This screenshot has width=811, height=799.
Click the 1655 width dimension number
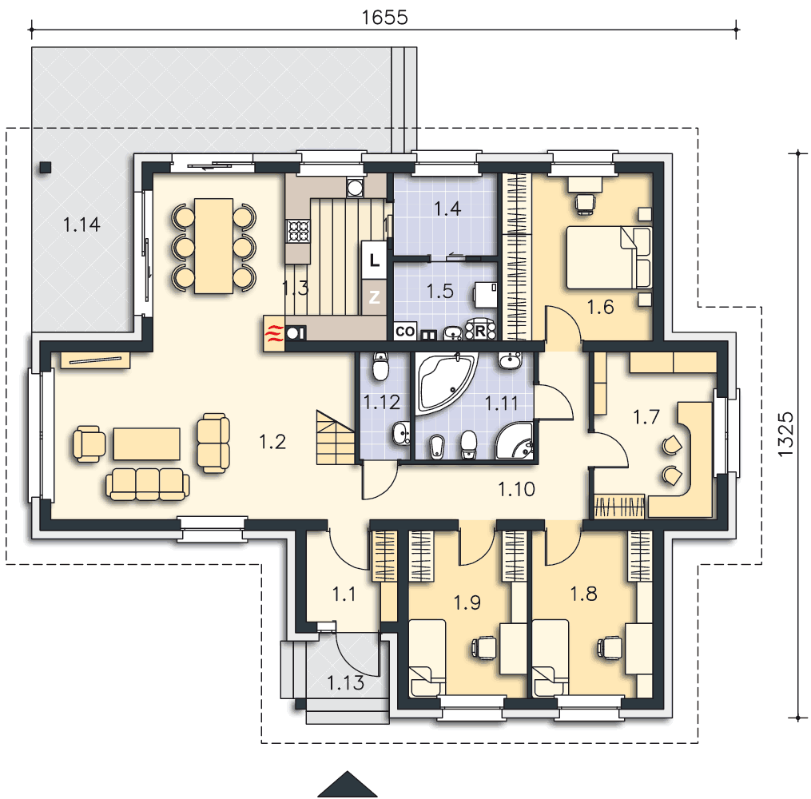point(384,17)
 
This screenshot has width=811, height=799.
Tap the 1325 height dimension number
point(785,434)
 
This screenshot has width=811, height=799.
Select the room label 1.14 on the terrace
point(81,225)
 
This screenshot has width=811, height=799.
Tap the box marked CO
point(405,332)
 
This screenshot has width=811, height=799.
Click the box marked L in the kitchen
point(374,260)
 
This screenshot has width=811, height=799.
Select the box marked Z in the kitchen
point(374,297)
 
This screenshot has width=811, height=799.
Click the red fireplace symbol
point(274,333)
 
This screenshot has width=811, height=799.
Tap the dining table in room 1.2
point(213,245)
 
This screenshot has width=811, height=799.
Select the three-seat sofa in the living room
point(147,484)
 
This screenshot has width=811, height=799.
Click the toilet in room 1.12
point(380,367)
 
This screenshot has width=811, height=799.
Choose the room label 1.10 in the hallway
point(516,489)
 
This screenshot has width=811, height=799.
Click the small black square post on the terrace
point(46,167)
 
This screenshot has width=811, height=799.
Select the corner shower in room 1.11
point(514,440)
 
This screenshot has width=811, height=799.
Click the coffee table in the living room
point(147,443)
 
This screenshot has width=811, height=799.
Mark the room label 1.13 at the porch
point(345,683)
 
